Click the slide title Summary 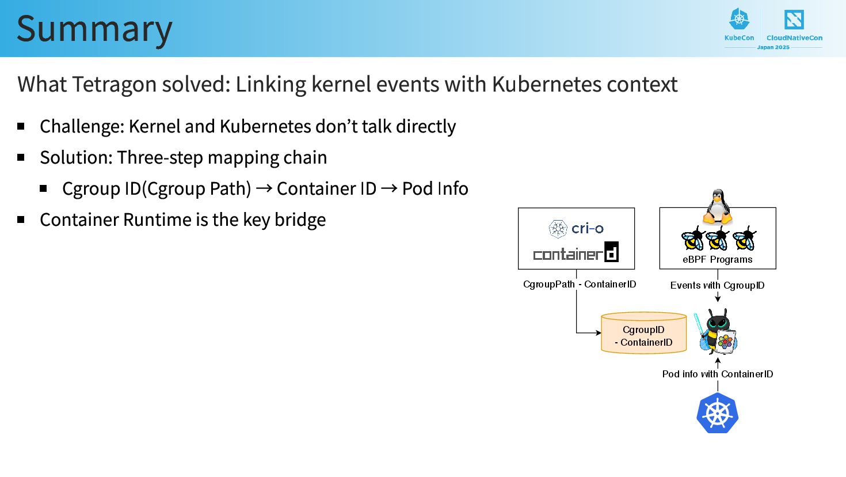coord(94,29)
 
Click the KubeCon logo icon coord(739,20)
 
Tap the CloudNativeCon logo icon coord(794,20)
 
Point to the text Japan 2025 coord(773,47)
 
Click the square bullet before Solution coord(21,157)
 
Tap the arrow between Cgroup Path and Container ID coord(264,188)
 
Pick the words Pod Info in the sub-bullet coord(435,188)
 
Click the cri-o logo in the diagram coord(576,229)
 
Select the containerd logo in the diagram coord(576,253)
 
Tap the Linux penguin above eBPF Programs coord(718,206)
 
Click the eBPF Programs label coord(718,260)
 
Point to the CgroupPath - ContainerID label coord(580,284)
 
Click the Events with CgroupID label coord(717,285)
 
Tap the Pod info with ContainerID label coord(717,374)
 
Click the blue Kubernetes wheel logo coord(717,413)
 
